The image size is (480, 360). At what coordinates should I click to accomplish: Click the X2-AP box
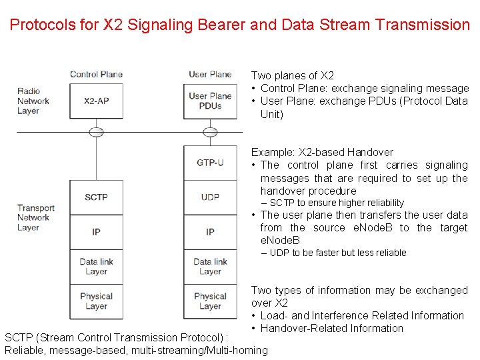click(96, 101)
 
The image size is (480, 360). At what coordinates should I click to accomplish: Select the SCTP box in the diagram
click(96, 197)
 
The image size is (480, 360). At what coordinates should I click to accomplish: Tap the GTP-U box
click(210, 162)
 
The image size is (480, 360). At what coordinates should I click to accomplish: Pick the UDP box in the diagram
click(210, 197)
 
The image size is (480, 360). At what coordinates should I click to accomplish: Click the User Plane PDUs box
click(210, 101)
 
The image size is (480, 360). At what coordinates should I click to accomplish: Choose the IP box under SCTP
click(96, 231)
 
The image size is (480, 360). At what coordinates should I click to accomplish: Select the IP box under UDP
click(210, 231)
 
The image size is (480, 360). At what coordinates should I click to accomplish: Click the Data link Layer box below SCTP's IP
click(96, 267)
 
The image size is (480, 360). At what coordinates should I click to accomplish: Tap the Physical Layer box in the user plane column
click(210, 301)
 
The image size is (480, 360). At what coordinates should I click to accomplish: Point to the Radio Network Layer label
click(33, 101)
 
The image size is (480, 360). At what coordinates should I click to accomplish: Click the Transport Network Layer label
click(33, 217)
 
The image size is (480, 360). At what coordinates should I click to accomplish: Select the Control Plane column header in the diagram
click(96, 74)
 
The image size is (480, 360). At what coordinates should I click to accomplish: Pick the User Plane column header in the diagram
click(210, 74)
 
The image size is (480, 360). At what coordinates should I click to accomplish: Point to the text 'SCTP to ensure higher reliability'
click(337, 203)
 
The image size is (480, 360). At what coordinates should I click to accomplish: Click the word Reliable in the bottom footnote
click(24, 350)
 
